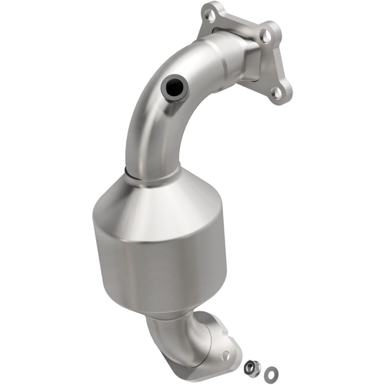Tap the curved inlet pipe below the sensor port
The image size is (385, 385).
144,130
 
